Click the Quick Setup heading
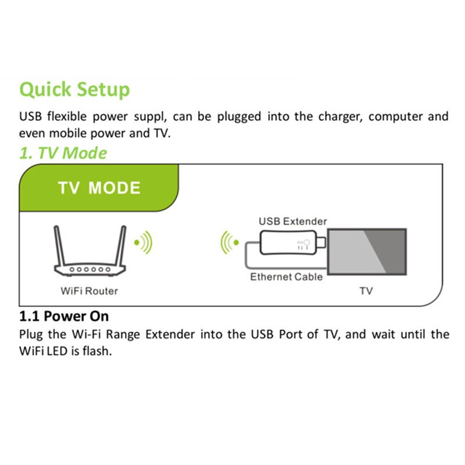pos(74,90)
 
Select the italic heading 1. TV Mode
pos(63,153)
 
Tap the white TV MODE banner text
pos(99,188)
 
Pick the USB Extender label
pos(292,221)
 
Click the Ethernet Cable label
pos(286,277)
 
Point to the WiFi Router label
pos(89,291)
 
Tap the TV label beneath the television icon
pos(366,291)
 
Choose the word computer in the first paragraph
pos(396,117)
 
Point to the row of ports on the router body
pos(90,270)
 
